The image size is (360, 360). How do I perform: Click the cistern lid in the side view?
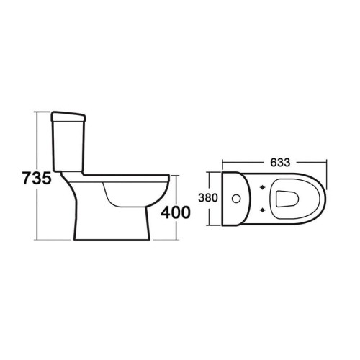(70, 115)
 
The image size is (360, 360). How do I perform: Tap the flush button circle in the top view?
(237, 197)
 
